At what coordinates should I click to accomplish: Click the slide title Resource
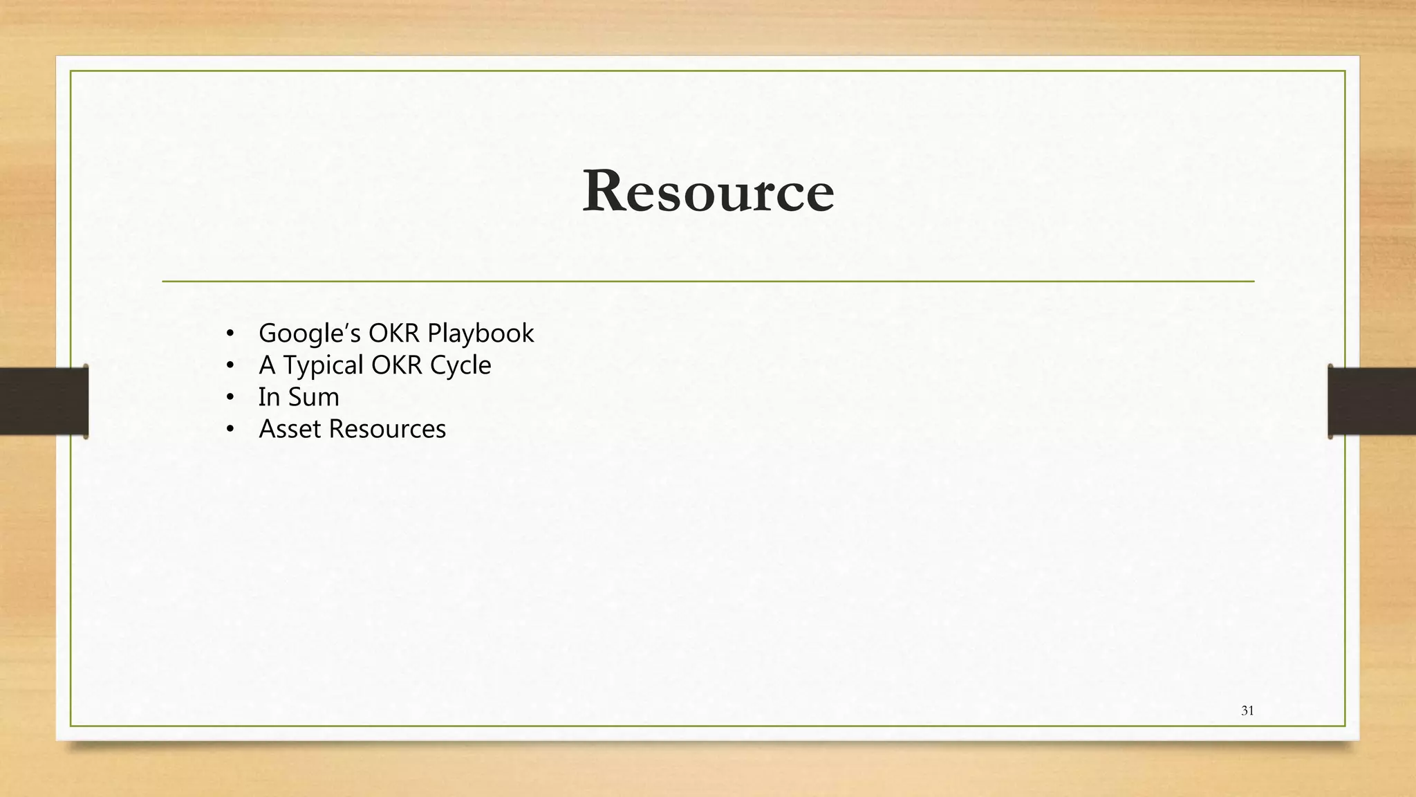coord(708,191)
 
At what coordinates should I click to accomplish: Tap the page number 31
coord(1247,711)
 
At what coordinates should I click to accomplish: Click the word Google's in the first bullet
coord(309,333)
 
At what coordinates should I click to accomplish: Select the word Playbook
coord(481,333)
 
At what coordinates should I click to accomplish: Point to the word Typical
coord(323,365)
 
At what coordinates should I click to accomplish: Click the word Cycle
coord(460,365)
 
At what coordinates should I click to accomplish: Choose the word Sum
coord(313,397)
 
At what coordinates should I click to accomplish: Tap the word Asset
coord(290,429)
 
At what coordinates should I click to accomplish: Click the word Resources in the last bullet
coord(387,429)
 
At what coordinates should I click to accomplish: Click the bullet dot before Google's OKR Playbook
coord(230,334)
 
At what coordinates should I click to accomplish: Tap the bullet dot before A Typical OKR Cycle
coord(230,366)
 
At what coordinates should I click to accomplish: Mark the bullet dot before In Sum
coord(230,398)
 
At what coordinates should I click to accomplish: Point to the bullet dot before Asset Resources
coord(230,430)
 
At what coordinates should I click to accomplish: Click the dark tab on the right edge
coord(1372,401)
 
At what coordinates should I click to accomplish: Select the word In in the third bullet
coord(269,397)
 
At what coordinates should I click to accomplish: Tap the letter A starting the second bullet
coord(267,365)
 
